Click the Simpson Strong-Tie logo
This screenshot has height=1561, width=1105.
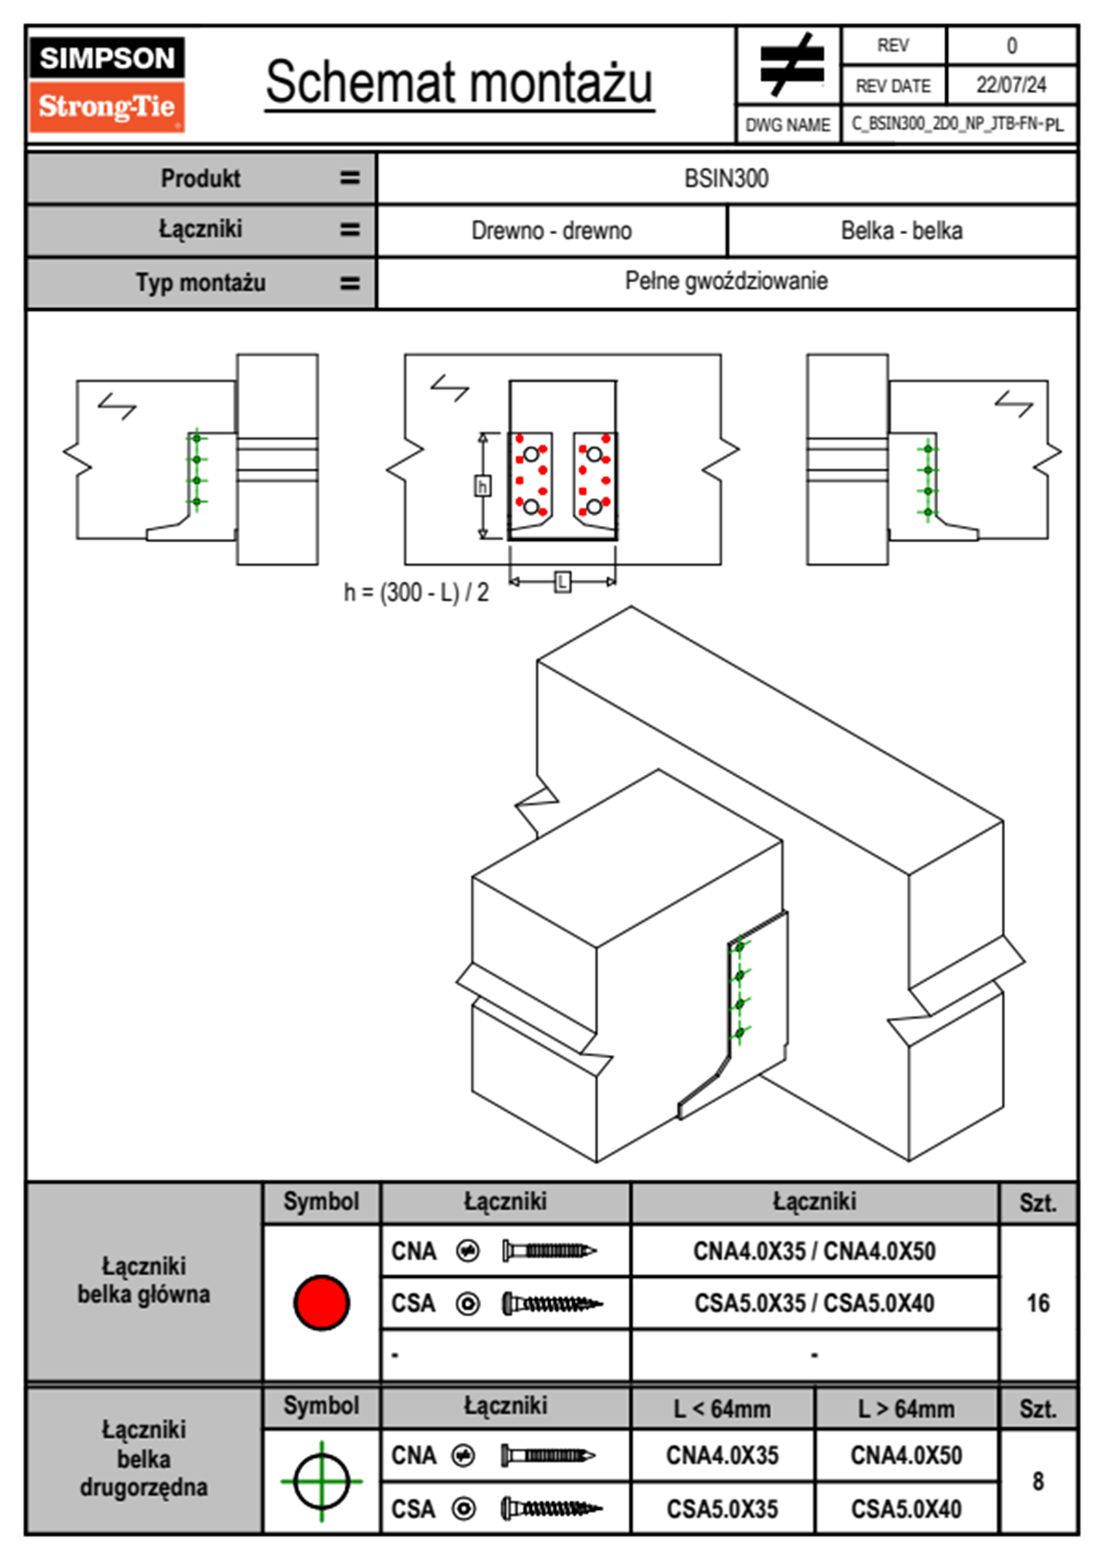(x=107, y=84)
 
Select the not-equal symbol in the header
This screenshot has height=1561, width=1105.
(x=790, y=65)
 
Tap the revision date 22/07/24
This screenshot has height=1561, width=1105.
(x=1011, y=85)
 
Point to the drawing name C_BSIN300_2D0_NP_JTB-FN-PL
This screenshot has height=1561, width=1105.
(x=957, y=123)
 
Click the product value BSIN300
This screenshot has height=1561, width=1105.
(x=726, y=178)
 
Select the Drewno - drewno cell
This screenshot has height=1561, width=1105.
(x=552, y=230)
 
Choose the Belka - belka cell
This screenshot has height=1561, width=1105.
(x=902, y=230)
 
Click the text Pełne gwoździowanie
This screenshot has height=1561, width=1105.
(x=726, y=281)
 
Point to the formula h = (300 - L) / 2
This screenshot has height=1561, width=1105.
(x=416, y=592)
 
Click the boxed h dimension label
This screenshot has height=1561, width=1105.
(x=482, y=486)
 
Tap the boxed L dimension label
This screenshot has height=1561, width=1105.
(x=562, y=582)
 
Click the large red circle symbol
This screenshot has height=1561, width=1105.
(x=321, y=1302)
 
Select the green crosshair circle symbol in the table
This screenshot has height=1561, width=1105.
(x=321, y=1481)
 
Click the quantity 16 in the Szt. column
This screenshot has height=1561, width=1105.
(x=1038, y=1303)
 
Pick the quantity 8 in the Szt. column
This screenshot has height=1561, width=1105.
(x=1038, y=1481)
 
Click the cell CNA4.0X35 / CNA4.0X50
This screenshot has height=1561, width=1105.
(x=814, y=1251)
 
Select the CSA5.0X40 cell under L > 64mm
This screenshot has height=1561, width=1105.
(x=906, y=1509)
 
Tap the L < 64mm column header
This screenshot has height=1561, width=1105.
(x=722, y=1409)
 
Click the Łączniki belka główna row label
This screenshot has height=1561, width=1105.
(x=144, y=1281)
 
